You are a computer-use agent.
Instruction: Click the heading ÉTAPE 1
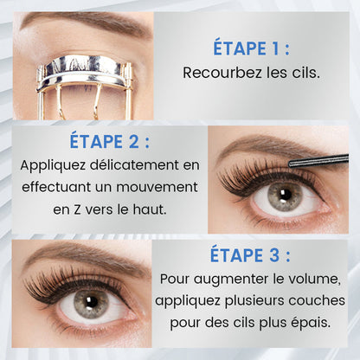pyautogui.click(x=251, y=48)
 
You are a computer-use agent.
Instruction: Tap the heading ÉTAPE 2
pyautogui.click(x=106, y=142)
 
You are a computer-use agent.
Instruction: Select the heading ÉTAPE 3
pyautogui.click(x=250, y=255)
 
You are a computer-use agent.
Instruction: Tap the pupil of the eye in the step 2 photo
pyautogui.click(x=285, y=196)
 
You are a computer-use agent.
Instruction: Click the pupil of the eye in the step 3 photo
pyautogui.click(x=90, y=304)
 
